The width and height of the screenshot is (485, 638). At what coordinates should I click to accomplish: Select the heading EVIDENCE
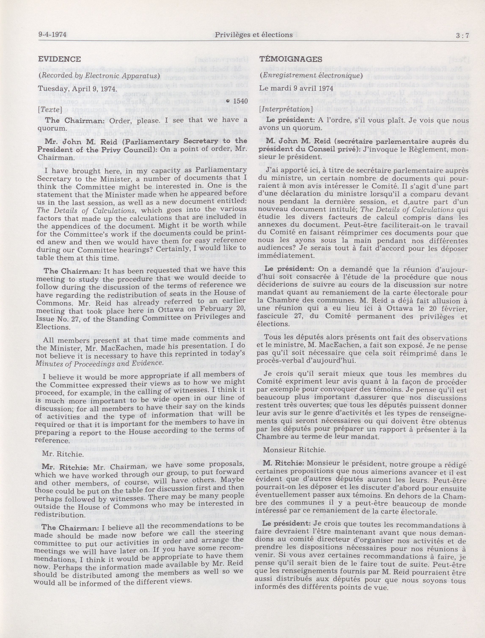pos(59,59)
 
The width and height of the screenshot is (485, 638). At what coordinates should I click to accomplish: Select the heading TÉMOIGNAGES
pos(290,59)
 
